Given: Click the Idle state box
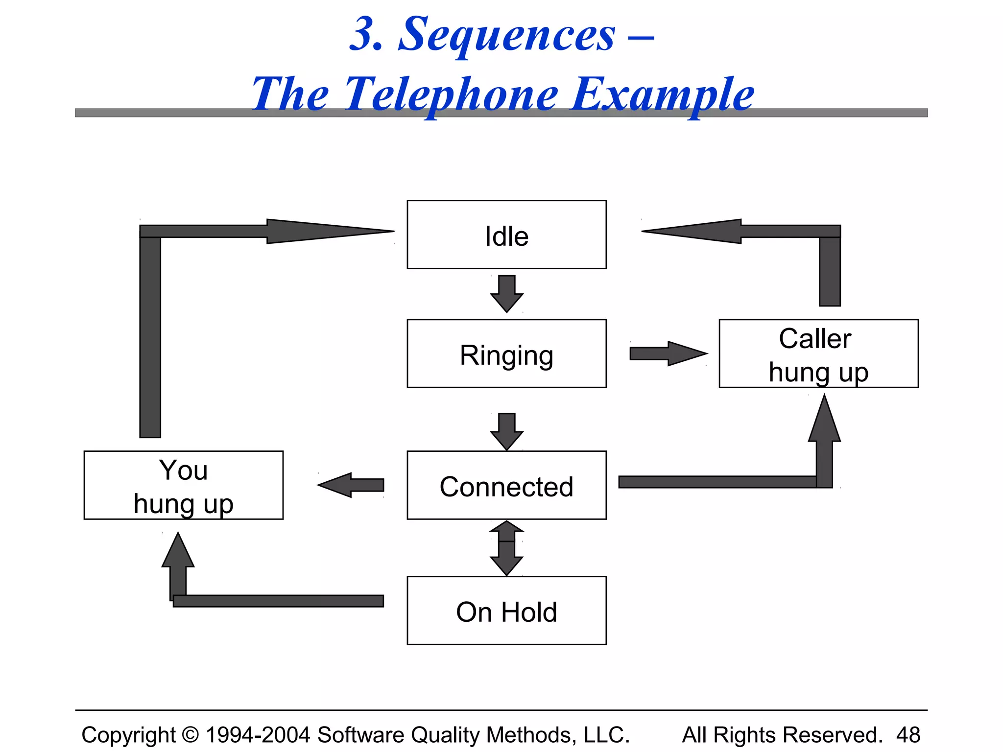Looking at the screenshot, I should click(x=506, y=235).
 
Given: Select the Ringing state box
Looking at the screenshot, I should click(x=506, y=353).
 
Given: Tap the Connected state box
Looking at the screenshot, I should click(x=506, y=485).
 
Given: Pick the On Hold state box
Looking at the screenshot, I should click(x=506, y=611).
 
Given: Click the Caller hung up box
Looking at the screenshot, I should click(x=818, y=353).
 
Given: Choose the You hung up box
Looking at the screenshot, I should click(x=184, y=485).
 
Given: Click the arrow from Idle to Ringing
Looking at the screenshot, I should click(x=507, y=293).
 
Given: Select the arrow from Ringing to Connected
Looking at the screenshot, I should click(x=507, y=431).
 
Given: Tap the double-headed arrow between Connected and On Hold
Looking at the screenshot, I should click(x=507, y=548).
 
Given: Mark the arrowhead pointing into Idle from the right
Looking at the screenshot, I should click(x=695, y=231).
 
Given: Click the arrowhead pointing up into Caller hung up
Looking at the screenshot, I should click(x=825, y=421).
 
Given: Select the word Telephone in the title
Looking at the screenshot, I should click(x=451, y=94).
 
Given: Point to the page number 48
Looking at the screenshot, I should click(x=908, y=735).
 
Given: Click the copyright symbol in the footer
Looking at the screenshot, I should click(x=191, y=735).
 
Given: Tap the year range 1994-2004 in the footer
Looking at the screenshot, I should click(x=258, y=735).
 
